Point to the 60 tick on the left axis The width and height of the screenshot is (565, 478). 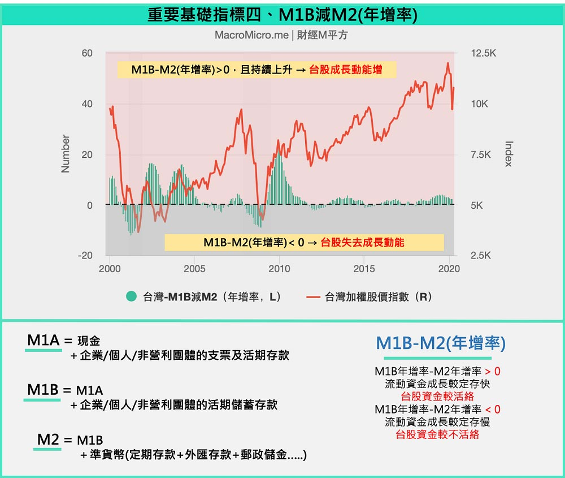coord(86,53)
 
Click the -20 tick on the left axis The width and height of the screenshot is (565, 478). coord(85,256)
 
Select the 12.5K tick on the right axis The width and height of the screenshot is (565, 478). coord(483,53)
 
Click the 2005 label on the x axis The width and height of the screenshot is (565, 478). coord(194,269)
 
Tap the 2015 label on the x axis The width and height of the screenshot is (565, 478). coord(364,269)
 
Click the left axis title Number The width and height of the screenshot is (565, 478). coord(66,154)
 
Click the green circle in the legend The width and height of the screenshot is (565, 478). coord(132,296)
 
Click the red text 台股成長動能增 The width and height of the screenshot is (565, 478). coord(345,70)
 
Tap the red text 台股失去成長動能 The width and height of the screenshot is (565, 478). coord(362,243)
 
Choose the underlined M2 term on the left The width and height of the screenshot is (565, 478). coord(49,440)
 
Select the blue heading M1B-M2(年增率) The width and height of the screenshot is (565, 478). coord(441,343)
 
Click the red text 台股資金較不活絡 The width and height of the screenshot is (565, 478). coord(437,434)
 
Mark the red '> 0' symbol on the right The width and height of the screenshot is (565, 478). coord(493,372)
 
